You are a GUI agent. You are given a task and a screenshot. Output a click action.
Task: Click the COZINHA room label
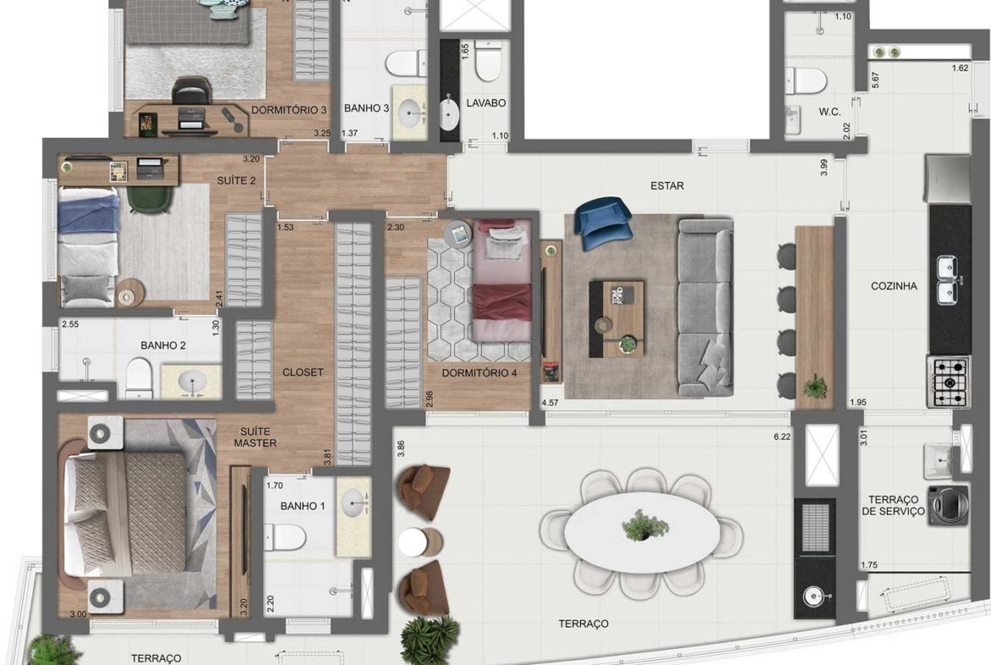pos(894,286)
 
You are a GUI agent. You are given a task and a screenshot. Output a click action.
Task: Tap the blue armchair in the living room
pos(603,219)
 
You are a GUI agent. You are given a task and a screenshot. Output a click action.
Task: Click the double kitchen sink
pos(949,280)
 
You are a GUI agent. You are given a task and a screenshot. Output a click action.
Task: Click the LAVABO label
pos(486,103)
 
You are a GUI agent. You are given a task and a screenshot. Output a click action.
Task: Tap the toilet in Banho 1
pos(284,537)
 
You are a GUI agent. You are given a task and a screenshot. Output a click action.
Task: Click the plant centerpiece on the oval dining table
pos(645,525)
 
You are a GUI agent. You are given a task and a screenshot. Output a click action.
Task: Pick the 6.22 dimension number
pos(782,436)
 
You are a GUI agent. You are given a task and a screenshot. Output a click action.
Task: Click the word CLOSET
pos(302,373)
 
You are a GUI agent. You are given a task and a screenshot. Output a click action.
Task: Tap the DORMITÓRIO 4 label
pos(479,373)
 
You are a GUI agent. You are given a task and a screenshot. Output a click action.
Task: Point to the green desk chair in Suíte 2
pos(151,197)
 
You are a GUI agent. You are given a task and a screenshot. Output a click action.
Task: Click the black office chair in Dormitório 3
pos(191,91)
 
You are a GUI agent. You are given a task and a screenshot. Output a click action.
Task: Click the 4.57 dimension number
pos(550,402)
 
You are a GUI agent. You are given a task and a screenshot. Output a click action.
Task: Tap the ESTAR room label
pos(667,186)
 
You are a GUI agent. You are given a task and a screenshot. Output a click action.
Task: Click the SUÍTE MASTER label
pos(255,437)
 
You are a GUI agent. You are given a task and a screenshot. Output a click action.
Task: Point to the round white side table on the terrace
pos(413,541)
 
